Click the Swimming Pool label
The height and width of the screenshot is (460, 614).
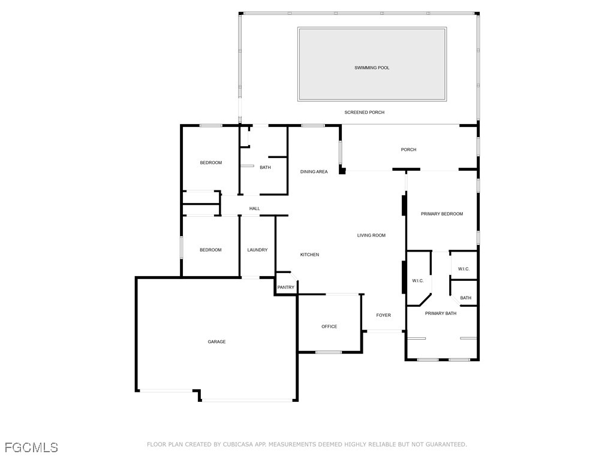pyautogui.click(x=372, y=68)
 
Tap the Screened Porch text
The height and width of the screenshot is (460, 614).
pyautogui.click(x=364, y=113)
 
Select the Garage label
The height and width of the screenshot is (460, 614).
pyautogui.click(x=216, y=342)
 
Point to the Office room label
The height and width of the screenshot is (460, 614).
pyautogui.click(x=329, y=327)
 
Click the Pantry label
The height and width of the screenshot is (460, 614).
pyautogui.click(x=286, y=287)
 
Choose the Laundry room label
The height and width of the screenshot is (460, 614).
pyautogui.click(x=257, y=250)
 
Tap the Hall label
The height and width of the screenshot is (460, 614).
pyautogui.click(x=255, y=209)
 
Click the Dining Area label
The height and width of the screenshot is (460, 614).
pyautogui.click(x=314, y=172)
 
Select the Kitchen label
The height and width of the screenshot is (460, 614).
pyautogui.click(x=309, y=255)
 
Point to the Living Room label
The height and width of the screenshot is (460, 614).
pyautogui.click(x=371, y=235)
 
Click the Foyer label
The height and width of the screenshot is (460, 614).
pyautogui.click(x=383, y=316)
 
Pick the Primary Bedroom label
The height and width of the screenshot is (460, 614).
pyautogui.click(x=442, y=214)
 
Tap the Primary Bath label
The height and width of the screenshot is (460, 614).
pyautogui.click(x=441, y=313)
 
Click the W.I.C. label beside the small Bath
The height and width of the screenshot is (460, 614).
pyautogui.click(x=463, y=269)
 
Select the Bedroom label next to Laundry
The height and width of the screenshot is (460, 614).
pyautogui.click(x=210, y=250)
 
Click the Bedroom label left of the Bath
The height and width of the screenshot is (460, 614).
pyautogui.click(x=210, y=163)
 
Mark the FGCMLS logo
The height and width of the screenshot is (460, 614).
pyautogui.click(x=31, y=447)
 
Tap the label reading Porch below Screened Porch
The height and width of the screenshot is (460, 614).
pyautogui.click(x=408, y=150)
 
